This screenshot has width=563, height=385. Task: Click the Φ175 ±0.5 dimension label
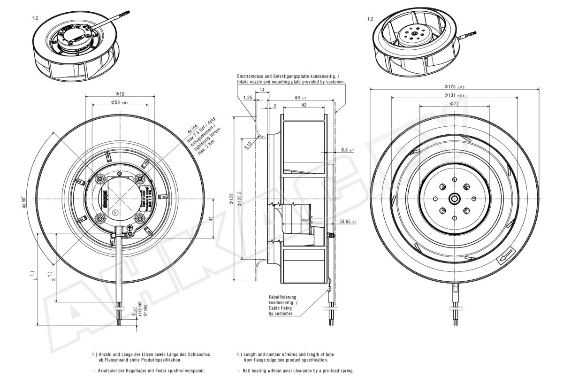coord(455,87)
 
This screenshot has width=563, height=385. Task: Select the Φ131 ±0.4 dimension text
coord(454,95)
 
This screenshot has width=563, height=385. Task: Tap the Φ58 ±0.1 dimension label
coord(120,102)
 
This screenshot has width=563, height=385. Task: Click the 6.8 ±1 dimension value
coord(348,150)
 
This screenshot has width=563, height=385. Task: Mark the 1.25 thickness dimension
coord(248,97)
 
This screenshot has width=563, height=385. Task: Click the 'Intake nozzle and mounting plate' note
coord(291,81)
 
